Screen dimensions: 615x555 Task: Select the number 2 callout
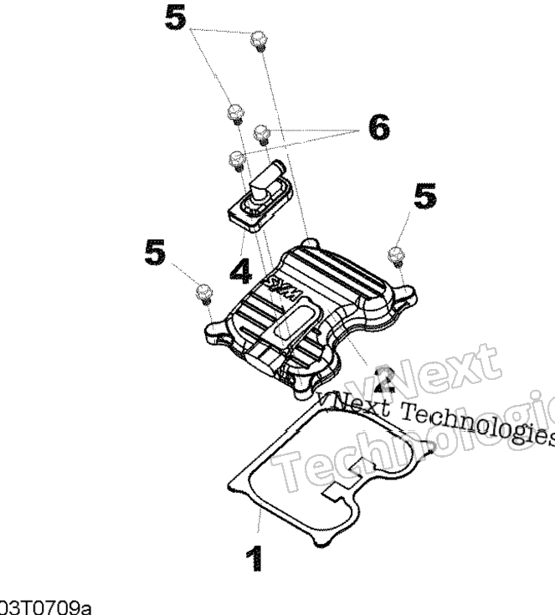pos(384,378)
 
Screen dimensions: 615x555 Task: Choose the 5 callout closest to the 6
pos(425,197)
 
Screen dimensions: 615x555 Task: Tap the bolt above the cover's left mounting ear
pos(202,292)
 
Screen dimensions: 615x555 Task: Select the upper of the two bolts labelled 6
pos(262,131)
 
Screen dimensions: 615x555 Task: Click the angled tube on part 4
pos(268,178)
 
